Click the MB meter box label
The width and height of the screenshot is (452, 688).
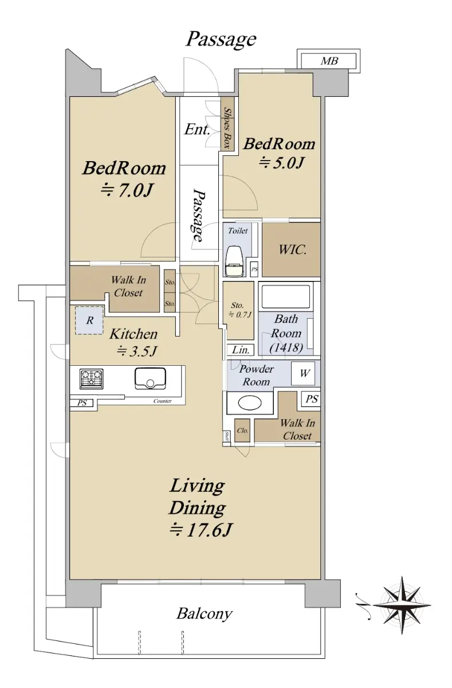329,61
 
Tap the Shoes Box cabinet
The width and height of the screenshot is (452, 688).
227,124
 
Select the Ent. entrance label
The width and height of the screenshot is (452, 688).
197,130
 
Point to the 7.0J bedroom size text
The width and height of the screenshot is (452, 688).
127,190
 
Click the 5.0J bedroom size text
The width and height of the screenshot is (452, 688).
281,162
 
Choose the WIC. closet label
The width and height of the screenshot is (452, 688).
292,250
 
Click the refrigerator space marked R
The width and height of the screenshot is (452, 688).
89,320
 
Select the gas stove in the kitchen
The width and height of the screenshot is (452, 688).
91,379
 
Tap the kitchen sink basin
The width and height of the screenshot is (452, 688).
150,379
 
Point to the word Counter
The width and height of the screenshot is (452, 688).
163,401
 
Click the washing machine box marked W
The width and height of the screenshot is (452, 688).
303,373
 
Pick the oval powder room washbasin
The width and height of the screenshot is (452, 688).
250,402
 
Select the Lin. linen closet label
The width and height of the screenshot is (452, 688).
240,350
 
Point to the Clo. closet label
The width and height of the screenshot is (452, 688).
242,431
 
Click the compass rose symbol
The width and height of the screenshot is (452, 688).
402,605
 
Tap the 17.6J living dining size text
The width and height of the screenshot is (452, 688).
201,530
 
